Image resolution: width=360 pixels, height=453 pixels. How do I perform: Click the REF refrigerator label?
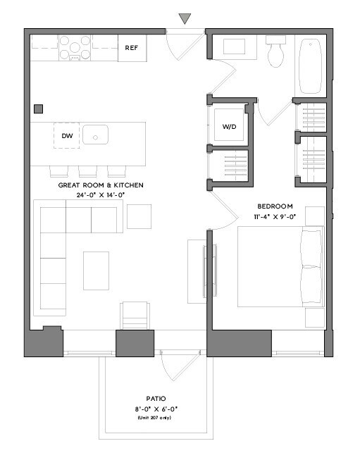(131, 48)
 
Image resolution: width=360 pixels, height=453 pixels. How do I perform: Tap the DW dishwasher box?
(67, 135)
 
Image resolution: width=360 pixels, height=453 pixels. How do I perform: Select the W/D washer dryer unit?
(229, 127)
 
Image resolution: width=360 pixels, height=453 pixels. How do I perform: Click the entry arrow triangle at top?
(185, 19)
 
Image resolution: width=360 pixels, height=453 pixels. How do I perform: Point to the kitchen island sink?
(94, 134)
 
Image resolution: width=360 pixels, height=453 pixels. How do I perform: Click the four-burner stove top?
(75, 47)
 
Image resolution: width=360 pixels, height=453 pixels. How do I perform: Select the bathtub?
(310, 66)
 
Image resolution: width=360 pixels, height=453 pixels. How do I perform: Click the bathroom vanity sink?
(235, 46)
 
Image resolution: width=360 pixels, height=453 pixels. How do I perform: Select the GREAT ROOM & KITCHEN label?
(101, 185)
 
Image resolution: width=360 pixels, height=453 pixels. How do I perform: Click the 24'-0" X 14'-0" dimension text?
(101, 195)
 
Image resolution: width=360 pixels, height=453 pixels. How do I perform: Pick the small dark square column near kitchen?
(38, 108)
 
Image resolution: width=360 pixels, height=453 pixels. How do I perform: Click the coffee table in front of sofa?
(96, 271)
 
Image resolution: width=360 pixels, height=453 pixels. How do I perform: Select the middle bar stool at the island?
(87, 171)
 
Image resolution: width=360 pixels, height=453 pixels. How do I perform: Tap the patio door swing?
(171, 366)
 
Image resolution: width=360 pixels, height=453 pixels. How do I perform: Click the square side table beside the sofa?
(139, 216)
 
